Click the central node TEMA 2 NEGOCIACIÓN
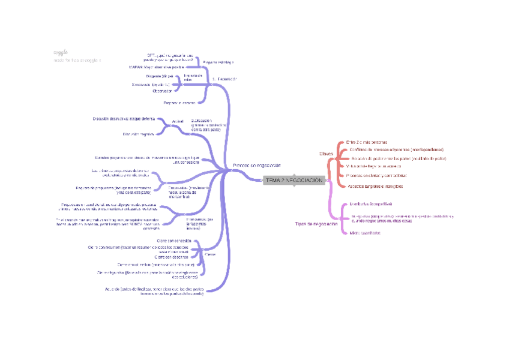tap(294, 180)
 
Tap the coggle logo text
tap(60, 53)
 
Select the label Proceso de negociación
tap(256, 165)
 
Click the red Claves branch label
tap(326, 154)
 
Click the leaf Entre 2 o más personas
tap(367, 142)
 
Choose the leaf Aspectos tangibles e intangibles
tap(375, 186)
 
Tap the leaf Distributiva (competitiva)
tap(371, 204)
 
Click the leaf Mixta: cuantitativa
tap(365, 233)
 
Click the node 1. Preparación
tap(224, 79)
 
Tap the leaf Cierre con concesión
tap(173, 240)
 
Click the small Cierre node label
tap(210, 254)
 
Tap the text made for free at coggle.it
tap(77, 60)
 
